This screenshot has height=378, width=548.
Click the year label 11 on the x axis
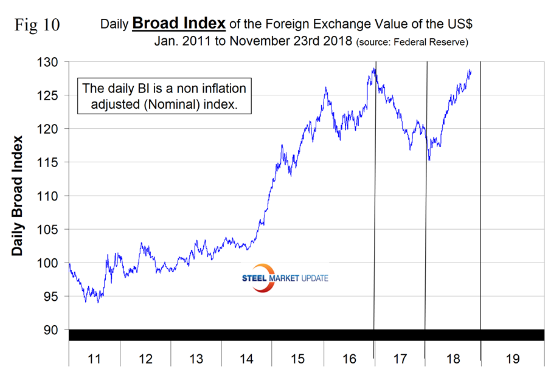[x=94, y=359]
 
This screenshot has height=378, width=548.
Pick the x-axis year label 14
[x=246, y=359]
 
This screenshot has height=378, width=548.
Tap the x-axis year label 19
[x=512, y=359]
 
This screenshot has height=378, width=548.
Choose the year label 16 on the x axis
[x=349, y=359]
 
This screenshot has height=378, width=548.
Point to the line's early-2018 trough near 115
[x=429, y=160]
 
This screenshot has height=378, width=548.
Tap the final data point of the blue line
[x=470, y=70]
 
